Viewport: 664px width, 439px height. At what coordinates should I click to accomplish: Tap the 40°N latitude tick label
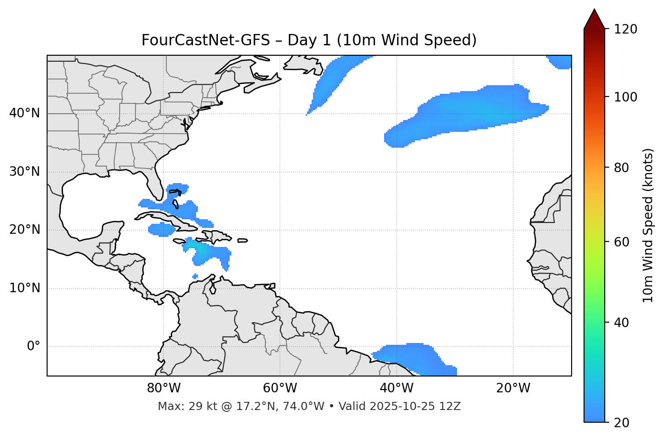[x=24, y=113]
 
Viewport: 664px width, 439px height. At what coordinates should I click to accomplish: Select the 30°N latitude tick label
[x=24, y=172]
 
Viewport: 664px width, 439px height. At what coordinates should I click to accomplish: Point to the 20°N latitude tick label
[x=24, y=230]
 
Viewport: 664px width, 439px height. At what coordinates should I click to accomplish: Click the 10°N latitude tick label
[x=24, y=288]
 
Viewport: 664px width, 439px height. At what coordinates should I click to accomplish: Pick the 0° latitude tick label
[x=34, y=347]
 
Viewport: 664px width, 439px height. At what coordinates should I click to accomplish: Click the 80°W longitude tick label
[x=164, y=388]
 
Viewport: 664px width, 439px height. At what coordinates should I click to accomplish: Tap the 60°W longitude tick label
[x=280, y=388]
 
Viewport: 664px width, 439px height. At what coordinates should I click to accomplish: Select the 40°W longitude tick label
[x=396, y=388]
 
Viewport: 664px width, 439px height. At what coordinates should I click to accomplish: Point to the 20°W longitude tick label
[x=513, y=388]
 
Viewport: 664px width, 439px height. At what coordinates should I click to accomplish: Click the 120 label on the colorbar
[x=625, y=29]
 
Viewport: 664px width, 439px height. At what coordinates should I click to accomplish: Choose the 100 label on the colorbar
[x=625, y=97]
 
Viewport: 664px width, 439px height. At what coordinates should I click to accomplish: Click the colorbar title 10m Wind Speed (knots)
[x=648, y=225]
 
